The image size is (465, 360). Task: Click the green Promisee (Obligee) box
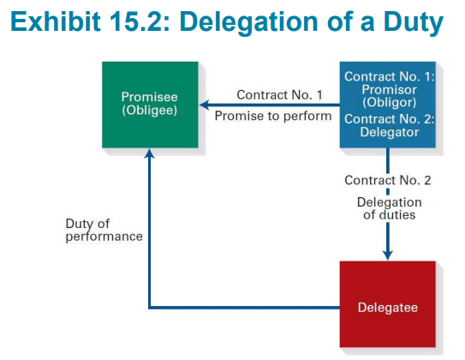[150, 105]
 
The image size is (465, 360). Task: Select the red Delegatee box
[388, 304]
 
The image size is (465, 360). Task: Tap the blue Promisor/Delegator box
[388, 105]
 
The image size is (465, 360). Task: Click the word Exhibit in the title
[56, 21]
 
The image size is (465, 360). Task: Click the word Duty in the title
[413, 23]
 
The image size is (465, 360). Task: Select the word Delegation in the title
[248, 23]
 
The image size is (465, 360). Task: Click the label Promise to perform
[273, 116]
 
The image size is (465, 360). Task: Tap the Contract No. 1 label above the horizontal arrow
[279, 95]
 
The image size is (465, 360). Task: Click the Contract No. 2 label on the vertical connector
[388, 180]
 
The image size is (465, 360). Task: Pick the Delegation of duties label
[389, 208]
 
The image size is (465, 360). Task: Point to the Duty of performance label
[104, 231]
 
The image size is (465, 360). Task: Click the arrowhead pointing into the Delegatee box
[388, 255]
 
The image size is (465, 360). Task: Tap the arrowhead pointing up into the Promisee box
[150, 153]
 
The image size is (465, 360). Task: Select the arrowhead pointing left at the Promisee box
[205, 105]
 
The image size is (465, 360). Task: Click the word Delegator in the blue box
[390, 132]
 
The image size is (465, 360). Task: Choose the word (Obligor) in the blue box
[389, 102]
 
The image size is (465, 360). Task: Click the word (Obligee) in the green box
[150, 110]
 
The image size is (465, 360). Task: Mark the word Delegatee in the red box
[388, 308]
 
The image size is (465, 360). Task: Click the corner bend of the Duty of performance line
[150, 308]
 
